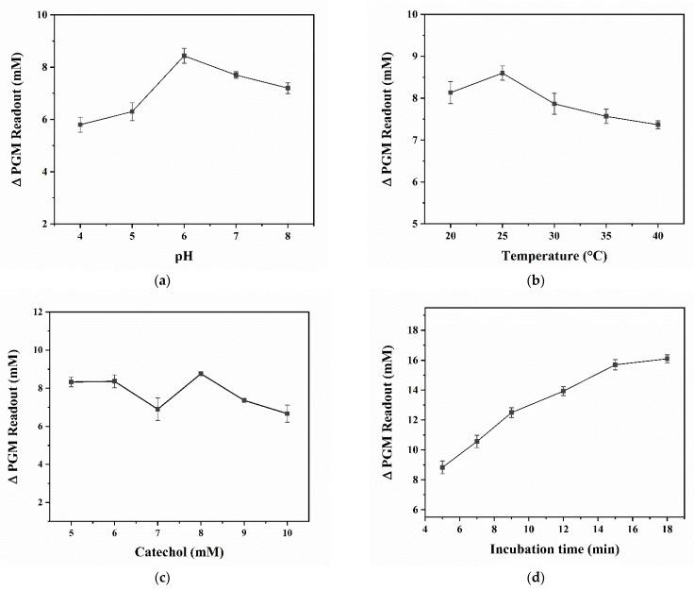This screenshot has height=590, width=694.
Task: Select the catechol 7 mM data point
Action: (157, 409)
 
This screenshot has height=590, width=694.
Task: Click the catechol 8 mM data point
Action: (201, 374)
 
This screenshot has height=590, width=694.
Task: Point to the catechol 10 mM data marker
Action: (287, 413)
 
